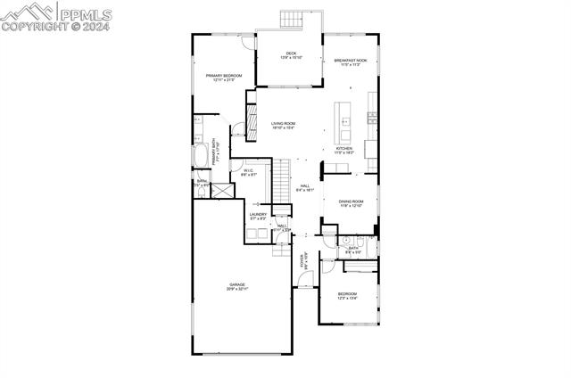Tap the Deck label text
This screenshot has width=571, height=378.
(x=291, y=55)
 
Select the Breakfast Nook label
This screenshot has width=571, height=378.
(x=351, y=62)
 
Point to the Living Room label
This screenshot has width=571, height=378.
(x=284, y=125)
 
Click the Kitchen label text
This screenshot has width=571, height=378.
(x=343, y=150)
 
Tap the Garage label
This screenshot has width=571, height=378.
(x=236, y=286)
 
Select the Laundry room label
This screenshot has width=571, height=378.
(x=259, y=216)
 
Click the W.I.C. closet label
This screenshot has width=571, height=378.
(x=249, y=172)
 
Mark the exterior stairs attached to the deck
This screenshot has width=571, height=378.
(x=293, y=20)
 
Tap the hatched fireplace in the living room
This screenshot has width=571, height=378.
(x=252, y=120)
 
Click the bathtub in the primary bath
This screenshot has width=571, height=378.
(x=201, y=153)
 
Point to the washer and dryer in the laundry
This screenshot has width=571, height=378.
(x=259, y=234)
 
